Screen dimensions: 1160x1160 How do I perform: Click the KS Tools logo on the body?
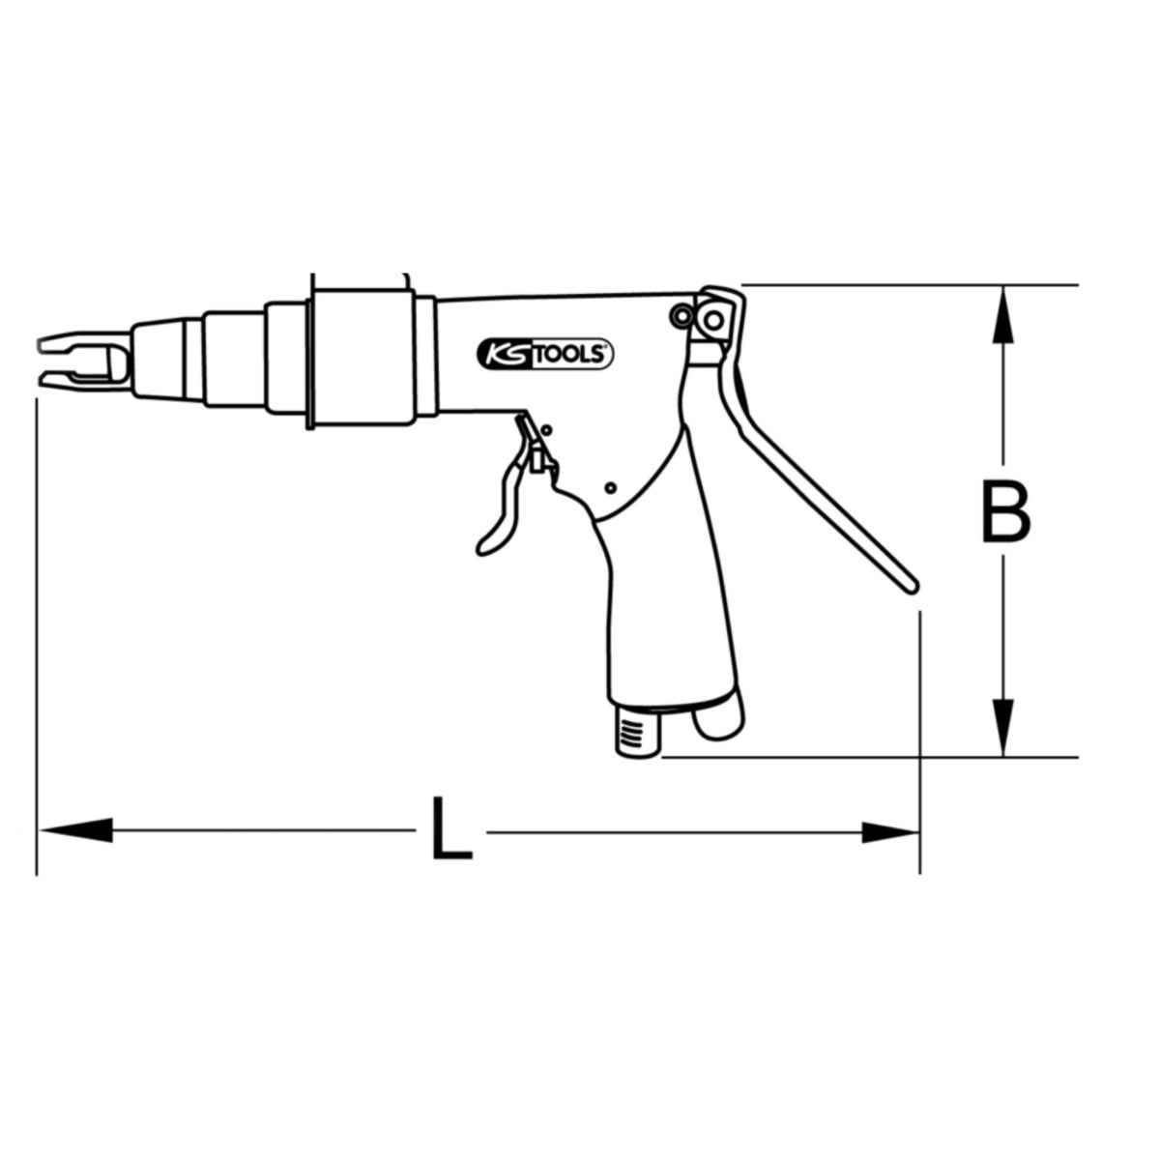coord(545,354)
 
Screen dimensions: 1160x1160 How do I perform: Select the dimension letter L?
coord(452,827)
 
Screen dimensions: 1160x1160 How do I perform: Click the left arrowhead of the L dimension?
coord(75,830)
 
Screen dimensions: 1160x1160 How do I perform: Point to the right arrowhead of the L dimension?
coord(889,832)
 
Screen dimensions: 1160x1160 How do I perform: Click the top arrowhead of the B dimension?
coord(1002,315)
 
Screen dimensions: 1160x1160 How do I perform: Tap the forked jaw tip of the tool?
coord(84,359)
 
